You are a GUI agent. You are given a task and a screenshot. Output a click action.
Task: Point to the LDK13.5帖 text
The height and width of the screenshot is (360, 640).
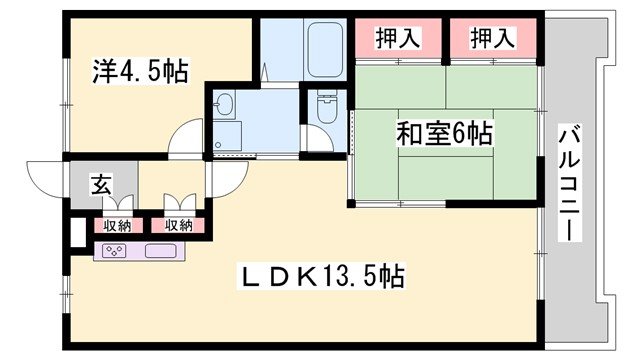click(319, 276)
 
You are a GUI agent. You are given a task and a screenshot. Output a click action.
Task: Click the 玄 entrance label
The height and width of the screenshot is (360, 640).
click(102, 185)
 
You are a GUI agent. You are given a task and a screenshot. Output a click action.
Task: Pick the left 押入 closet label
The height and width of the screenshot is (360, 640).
click(397, 39)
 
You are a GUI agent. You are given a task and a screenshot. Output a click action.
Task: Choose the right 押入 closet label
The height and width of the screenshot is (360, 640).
click(493, 39)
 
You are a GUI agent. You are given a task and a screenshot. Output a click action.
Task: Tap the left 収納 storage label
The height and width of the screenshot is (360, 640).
click(117, 226)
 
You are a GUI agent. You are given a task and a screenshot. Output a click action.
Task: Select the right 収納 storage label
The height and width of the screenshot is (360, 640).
click(179, 226)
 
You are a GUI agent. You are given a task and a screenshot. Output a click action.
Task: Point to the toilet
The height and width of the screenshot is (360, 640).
click(325, 105)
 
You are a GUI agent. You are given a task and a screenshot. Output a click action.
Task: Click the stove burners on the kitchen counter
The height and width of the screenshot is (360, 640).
click(115, 251)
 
